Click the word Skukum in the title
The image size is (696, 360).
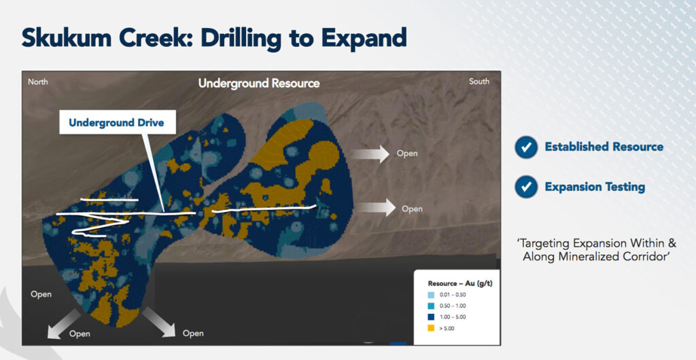(66, 37)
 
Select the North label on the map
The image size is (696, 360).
(38, 82)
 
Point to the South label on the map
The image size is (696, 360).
(479, 81)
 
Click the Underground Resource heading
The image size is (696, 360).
(259, 83)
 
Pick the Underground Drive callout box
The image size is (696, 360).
(118, 122)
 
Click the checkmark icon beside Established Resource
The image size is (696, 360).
(527, 147)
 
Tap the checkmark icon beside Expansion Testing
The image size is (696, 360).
(527, 187)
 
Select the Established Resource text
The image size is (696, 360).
(604, 147)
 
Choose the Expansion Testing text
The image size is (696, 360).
(595, 187)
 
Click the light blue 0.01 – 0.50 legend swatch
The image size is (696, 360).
(431, 295)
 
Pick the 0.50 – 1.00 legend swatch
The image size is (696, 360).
(431, 306)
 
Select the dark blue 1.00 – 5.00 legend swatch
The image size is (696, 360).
(431, 317)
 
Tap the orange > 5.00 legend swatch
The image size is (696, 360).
(431, 328)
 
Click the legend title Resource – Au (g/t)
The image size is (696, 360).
(460, 283)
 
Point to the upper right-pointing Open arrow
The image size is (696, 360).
(370, 154)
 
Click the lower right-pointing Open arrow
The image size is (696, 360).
(376, 207)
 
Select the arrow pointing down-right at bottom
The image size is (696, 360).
(159, 321)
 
